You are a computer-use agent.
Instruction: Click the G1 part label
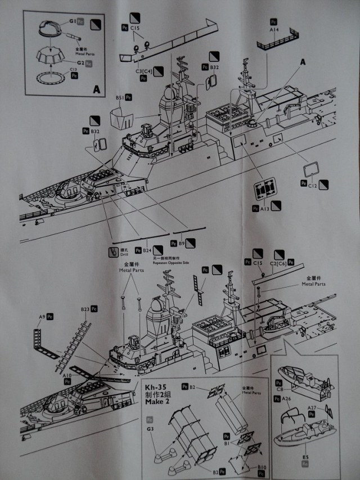point(72,21)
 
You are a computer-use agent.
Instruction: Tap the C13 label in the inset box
point(73,70)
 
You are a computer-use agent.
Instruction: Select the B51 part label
point(119,97)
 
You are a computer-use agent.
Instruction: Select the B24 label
point(147,250)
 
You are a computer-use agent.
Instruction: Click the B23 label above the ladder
point(85,309)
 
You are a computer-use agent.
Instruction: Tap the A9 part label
point(42,317)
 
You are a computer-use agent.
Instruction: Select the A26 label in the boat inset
point(286,400)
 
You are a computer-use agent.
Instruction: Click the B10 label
point(262,468)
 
